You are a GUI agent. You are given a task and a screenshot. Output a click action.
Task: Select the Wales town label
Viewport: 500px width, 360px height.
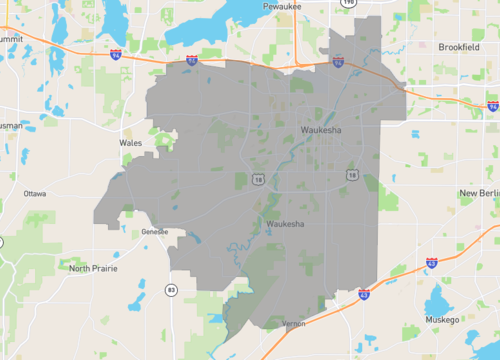pyautogui.click(x=130, y=143)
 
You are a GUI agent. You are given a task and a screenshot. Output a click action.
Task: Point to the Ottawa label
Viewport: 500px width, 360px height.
pyautogui.click(x=35, y=193)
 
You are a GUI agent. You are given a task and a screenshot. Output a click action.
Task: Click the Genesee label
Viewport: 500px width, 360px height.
pyautogui.click(x=155, y=231)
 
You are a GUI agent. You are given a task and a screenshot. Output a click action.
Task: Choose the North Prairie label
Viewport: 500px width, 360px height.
pyautogui.click(x=92, y=268)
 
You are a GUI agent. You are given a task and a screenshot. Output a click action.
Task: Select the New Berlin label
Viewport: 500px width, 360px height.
pyautogui.click(x=478, y=192)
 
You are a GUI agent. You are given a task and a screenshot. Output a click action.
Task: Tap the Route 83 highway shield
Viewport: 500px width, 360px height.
pyautogui.click(x=172, y=290)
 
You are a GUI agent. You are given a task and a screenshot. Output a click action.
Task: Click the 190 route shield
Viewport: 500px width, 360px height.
pyautogui.click(x=347, y=3)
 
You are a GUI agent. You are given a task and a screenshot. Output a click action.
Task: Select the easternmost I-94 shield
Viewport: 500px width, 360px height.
pyautogui.click(x=493, y=105)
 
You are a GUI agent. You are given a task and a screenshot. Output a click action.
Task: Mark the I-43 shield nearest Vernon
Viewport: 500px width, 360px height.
pyautogui.click(x=364, y=295)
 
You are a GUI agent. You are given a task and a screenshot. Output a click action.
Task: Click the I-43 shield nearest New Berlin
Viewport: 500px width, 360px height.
pyautogui.click(x=431, y=263)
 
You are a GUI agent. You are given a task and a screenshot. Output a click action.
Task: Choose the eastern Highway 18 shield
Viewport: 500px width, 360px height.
pyautogui.click(x=353, y=175)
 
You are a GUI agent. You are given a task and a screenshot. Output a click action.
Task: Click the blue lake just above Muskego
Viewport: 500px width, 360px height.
pyautogui.click(x=437, y=303)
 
